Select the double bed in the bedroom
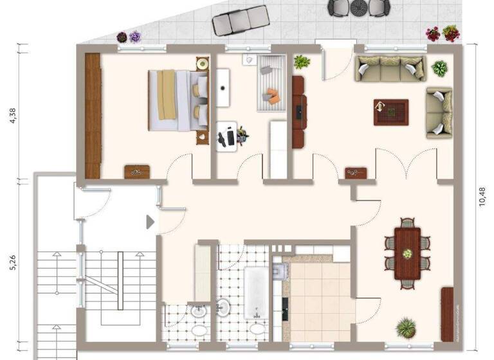tap(178, 100)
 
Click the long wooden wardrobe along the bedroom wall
tap(93, 116)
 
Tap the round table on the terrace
tap(359, 8)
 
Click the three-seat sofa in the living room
tap(390, 68)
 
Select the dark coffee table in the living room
tap(390, 112)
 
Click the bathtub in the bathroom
tap(256, 293)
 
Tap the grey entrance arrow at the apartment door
tap(151, 222)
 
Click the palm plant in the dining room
tap(406, 327)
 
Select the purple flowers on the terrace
tap(129, 37)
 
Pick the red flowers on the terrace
tap(443, 33)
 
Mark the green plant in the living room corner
tap(441, 68)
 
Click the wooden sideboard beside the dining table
tap(447, 314)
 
